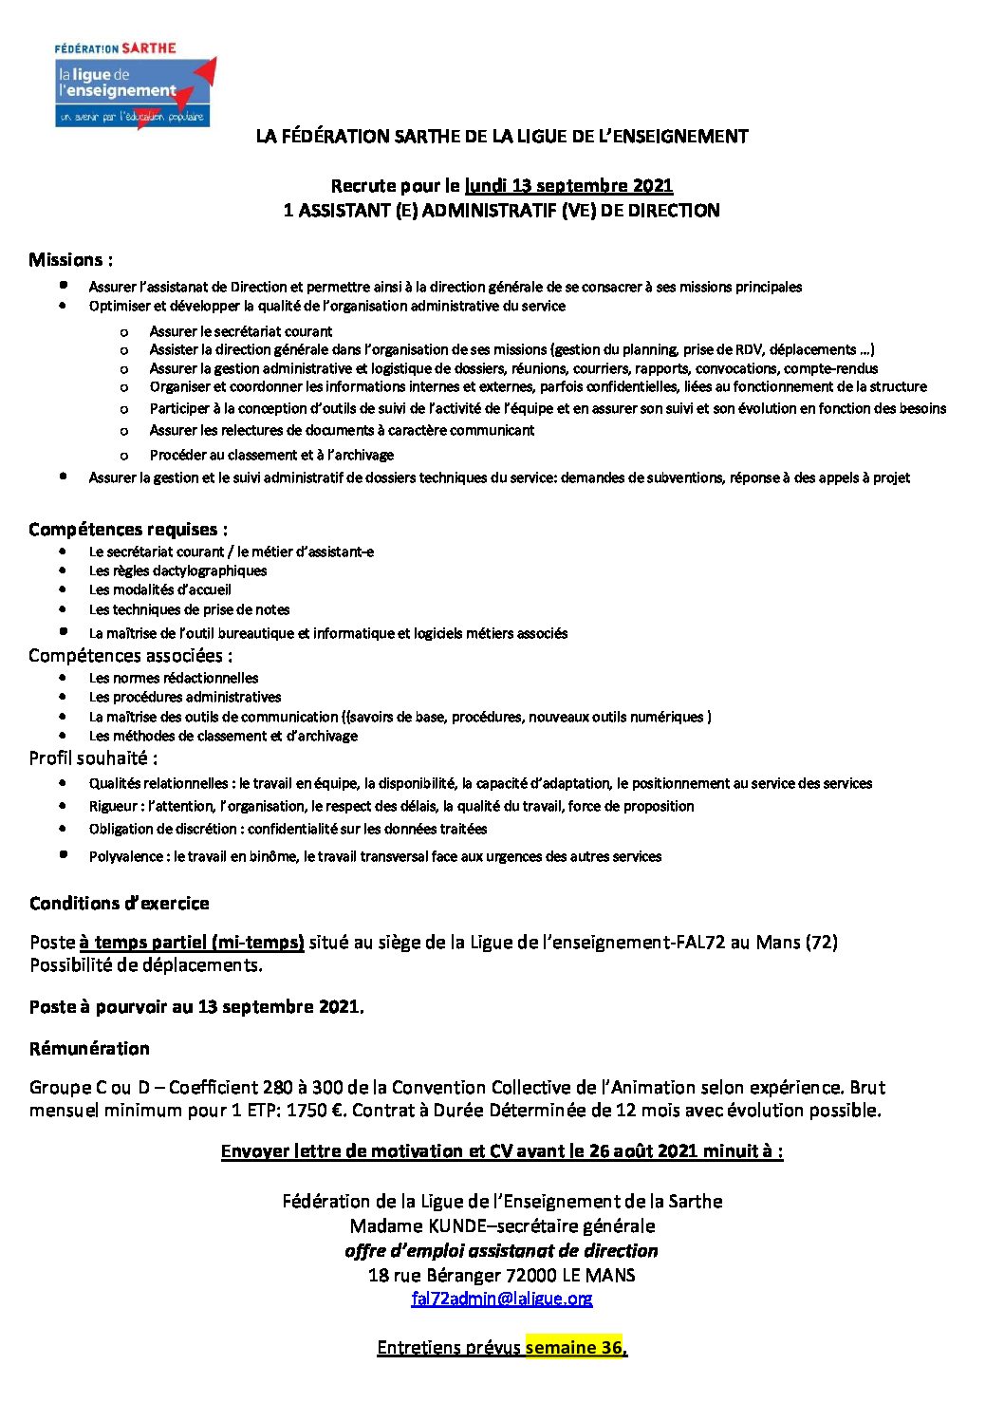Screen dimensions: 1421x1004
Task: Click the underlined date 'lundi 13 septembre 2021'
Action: [x=568, y=186]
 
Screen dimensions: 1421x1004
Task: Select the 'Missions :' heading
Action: [x=70, y=260]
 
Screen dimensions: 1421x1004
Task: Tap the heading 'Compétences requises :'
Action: [x=128, y=530]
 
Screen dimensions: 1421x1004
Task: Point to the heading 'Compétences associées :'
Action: [x=130, y=656]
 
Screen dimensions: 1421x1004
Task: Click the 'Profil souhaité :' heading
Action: [x=93, y=758]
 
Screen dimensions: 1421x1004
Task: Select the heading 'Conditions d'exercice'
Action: [x=119, y=904]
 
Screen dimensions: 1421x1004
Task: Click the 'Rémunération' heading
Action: [x=89, y=1049]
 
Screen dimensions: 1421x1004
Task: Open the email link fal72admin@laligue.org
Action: [x=501, y=1299]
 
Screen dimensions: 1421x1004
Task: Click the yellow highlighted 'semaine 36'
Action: [x=574, y=1348]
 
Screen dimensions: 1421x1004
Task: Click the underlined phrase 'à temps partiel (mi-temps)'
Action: [x=192, y=943]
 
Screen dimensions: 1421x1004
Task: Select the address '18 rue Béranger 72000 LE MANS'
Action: [x=501, y=1276]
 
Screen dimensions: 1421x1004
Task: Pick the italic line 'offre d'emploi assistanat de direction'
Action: [x=501, y=1251]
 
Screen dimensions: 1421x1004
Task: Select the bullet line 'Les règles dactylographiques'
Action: [x=177, y=571]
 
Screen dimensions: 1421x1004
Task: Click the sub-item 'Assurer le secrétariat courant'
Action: [x=240, y=331]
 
